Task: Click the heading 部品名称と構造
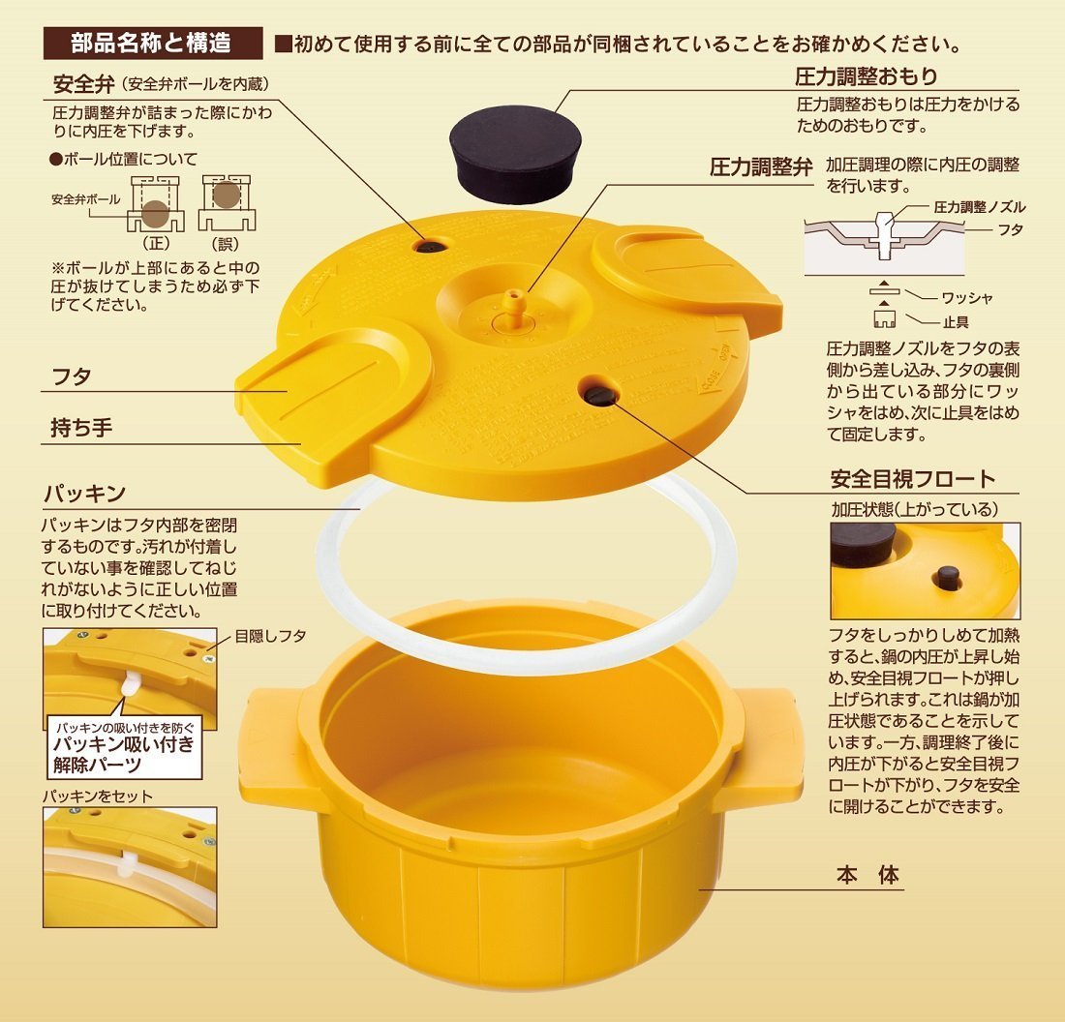point(152,44)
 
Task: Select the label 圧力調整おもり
point(866,75)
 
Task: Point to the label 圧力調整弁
point(761,165)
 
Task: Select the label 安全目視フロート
point(912,478)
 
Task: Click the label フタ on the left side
point(70,377)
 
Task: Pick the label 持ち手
point(81,428)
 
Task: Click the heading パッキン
point(84,494)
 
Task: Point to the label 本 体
point(867,876)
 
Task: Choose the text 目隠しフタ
point(270,636)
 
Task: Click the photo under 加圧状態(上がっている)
point(925,570)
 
